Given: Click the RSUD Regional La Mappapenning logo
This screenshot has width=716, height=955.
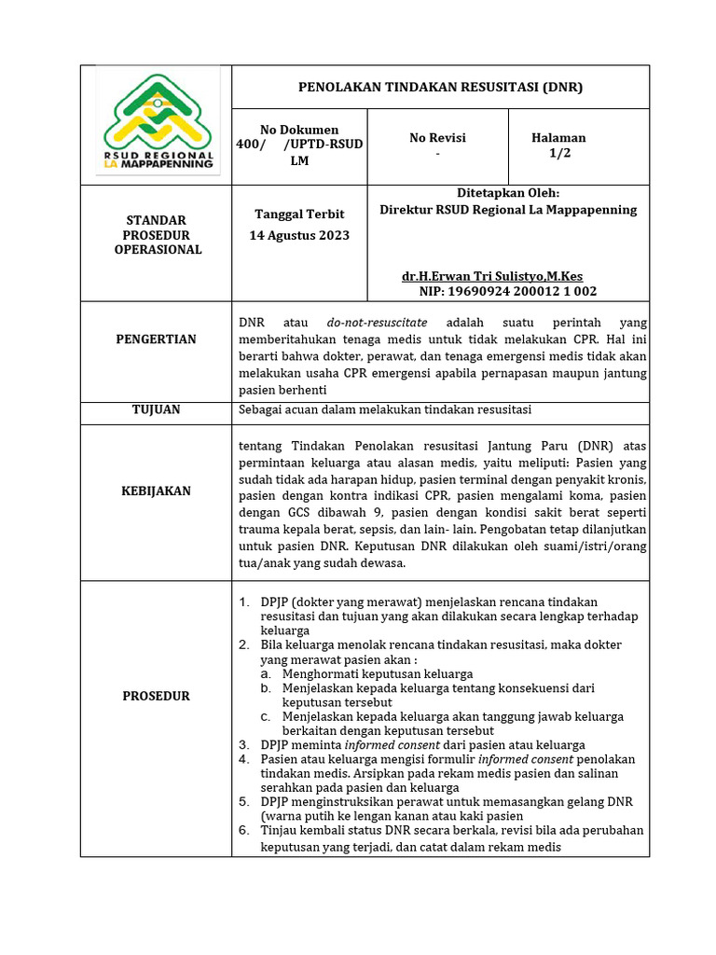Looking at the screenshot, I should tap(158, 123).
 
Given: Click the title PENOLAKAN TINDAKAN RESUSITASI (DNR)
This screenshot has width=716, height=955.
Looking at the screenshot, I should tap(440, 87).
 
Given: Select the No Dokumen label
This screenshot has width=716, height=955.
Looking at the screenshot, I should tap(299, 130).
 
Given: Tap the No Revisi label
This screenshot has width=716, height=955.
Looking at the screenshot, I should tap(437, 138).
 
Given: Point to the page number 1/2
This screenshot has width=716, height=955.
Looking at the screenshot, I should tap(559, 154).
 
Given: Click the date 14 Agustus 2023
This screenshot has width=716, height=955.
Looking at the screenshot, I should tap(299, 235).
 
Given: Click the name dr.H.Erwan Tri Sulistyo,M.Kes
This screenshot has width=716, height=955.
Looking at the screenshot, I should tap(492, 277).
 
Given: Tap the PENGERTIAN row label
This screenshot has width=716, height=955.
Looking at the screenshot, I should tap(156, 339).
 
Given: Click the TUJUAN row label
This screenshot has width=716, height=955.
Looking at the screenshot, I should tap(156, 409).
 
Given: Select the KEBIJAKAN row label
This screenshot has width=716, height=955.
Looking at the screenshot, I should tap(156, 491).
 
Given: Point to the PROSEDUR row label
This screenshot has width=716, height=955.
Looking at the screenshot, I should tap(156, 696).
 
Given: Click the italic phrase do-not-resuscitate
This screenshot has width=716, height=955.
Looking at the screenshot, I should tap(378, 322).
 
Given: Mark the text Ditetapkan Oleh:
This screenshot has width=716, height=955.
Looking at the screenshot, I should tap(508, 193).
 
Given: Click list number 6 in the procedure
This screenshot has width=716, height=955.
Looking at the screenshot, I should tap(243, 830).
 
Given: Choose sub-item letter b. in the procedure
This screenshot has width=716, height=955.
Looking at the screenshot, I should tap(266, 688).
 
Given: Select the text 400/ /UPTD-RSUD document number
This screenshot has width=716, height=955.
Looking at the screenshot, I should tap(299, 145).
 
